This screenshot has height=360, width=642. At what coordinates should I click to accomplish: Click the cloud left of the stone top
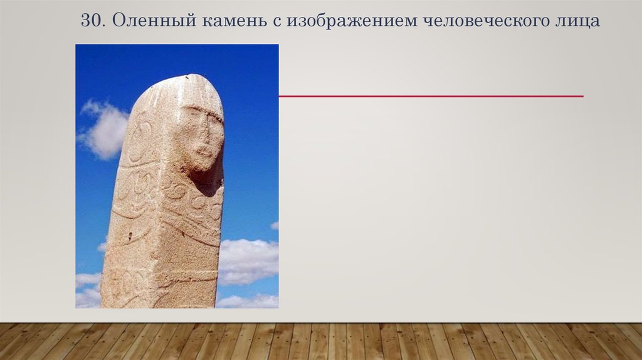(x=104, y=128)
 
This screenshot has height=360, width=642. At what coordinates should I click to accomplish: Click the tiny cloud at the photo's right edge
(x=274, y=225)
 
